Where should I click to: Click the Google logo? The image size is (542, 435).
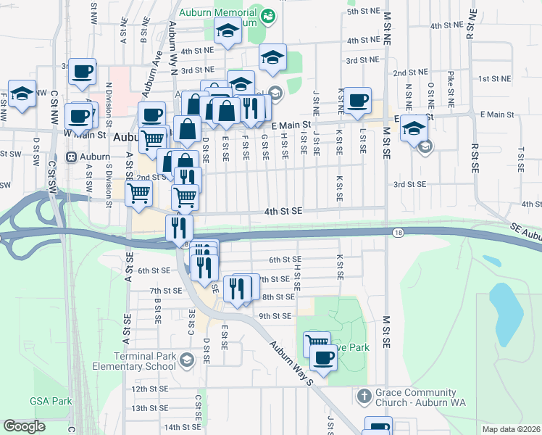click(24, 426)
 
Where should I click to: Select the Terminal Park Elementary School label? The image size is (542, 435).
click(145, 361)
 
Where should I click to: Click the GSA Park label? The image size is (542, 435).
click(51, 401)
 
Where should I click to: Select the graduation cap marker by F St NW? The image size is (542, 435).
click(22, 94)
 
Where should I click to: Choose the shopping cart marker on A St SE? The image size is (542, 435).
click(139, 194)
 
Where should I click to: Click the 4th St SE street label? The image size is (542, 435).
click(282, 211)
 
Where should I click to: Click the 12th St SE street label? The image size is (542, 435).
click(149, 389)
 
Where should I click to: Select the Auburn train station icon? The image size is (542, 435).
click(72, 157)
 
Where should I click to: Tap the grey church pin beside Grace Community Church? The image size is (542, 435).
click(364, 397)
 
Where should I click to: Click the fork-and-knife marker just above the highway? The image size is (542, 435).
click(178, 228)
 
